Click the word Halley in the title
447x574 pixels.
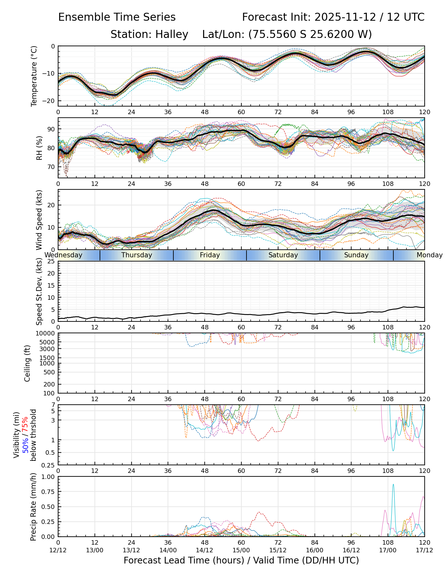(172, 34)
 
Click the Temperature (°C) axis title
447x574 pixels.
(34, 76)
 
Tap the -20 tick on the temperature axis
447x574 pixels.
(50, 101)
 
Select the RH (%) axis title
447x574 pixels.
(39, 148)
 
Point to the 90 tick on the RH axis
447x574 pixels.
(52, 129)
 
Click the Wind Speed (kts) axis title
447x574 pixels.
(39, 220)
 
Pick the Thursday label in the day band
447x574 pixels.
(137, 255)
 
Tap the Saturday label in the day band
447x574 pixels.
(283, 255)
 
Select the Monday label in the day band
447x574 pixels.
(429, 255)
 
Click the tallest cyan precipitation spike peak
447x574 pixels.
(393, 484)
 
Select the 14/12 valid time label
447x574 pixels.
(205, 550)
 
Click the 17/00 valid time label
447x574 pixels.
(388, 550)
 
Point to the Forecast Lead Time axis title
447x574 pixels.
(241, 561)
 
